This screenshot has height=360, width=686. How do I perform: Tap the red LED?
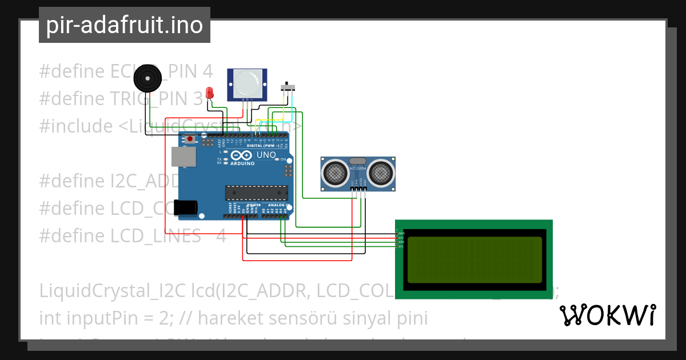(x=210, y=93)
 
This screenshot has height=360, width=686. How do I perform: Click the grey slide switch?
(x=289, y=87)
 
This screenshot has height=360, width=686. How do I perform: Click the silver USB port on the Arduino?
(x=184, y=156)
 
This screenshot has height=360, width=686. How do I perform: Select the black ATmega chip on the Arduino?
(x=254, y=194)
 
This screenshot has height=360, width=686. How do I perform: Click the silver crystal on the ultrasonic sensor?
(x=358, y=162)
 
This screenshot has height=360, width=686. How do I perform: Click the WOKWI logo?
(x=608, y=315)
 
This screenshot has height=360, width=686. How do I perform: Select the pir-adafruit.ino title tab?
(x=125, y=25)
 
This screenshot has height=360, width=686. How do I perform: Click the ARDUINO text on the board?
(x=242, y=163)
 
